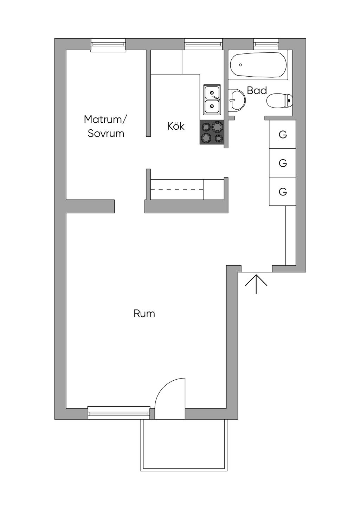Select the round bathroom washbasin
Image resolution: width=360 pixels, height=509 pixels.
(237, 101)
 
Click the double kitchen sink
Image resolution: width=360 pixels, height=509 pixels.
(212, 99)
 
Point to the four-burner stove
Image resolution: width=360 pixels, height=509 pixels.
(212, 132)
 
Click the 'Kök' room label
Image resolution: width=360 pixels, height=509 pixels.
(176, 126)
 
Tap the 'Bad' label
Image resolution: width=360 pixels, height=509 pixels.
(257, 91)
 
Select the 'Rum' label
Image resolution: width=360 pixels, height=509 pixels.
(144, 314)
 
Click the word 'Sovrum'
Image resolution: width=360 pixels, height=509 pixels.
(106, 134)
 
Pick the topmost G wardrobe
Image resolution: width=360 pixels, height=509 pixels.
(282, 134)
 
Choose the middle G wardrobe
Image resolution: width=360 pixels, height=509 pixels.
(282, 163)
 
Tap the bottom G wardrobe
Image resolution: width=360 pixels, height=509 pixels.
(282, 192)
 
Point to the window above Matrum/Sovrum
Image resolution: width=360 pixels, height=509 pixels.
(108, 45)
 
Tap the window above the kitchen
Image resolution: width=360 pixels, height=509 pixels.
(204, 44)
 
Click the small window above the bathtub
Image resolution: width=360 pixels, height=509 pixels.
(266, 44)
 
